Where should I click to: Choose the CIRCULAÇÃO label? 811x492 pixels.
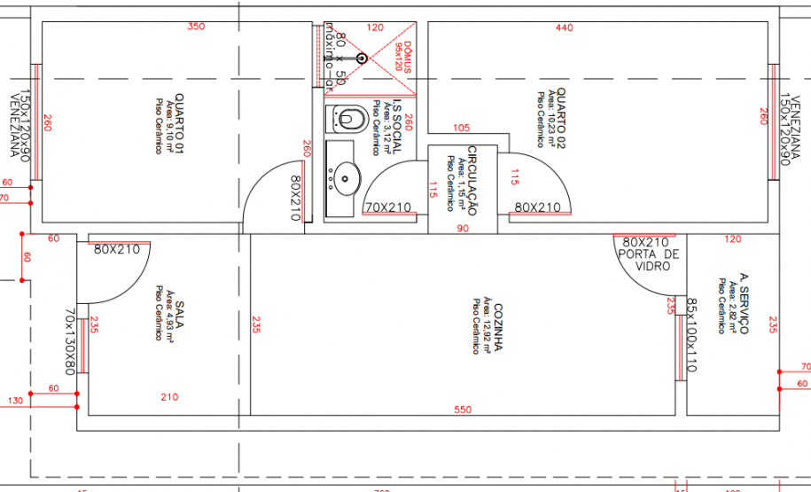click(472, 180)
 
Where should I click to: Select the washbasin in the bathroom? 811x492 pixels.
click(344, 177)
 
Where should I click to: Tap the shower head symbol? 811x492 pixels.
click(361, 59)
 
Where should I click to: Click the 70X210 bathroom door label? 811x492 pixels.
click(388, 207)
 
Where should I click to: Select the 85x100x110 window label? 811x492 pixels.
click(691, 334)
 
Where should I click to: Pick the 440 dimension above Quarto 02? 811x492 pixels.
click(565, 27)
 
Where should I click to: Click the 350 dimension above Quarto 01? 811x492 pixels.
click(196, 27)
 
